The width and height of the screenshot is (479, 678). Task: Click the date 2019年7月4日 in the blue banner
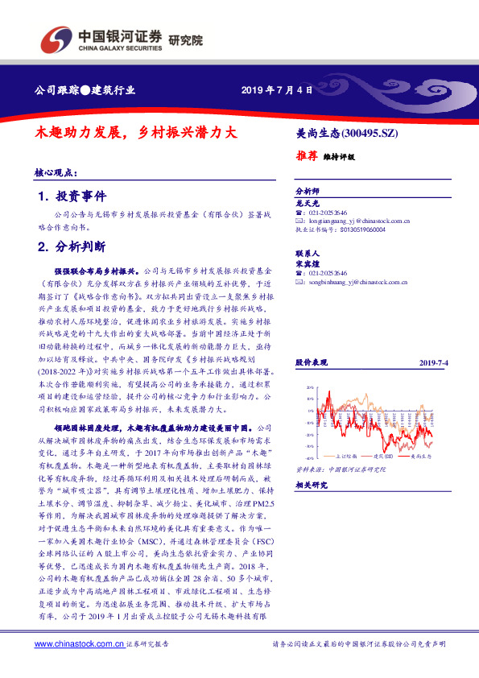[x=276, y=89]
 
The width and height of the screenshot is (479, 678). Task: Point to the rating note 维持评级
[x=339, y=157]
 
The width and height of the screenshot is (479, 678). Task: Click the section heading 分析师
[x=308, y=192]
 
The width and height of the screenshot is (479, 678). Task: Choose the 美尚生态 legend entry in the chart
[x=419, y=456]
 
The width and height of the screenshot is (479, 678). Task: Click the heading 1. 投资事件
[x=72, y=196]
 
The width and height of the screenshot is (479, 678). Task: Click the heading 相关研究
[x=311, y=486]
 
